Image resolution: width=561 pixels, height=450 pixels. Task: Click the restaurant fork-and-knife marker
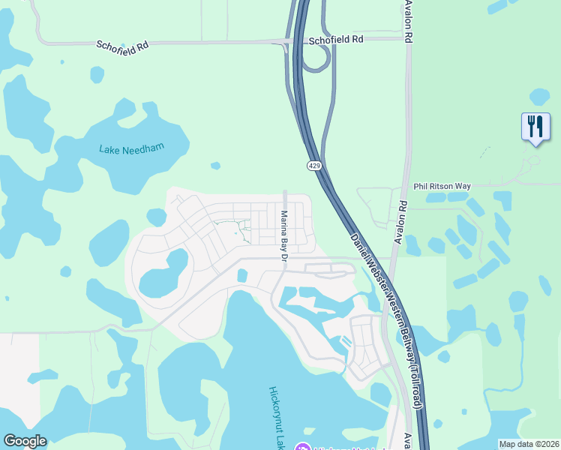pos(535,126)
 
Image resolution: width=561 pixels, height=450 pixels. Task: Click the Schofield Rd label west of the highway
pos(122,45)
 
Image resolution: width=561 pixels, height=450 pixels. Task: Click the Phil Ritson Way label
pos(442,186)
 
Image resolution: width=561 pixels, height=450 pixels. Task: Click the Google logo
pos(25,441)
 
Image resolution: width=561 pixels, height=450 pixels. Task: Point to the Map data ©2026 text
pos(529,443)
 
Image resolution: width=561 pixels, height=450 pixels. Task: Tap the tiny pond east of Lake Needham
pos(216,165)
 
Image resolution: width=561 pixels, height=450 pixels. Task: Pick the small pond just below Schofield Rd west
pos(97,74)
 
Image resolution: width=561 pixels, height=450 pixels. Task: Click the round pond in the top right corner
pos(538,97)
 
